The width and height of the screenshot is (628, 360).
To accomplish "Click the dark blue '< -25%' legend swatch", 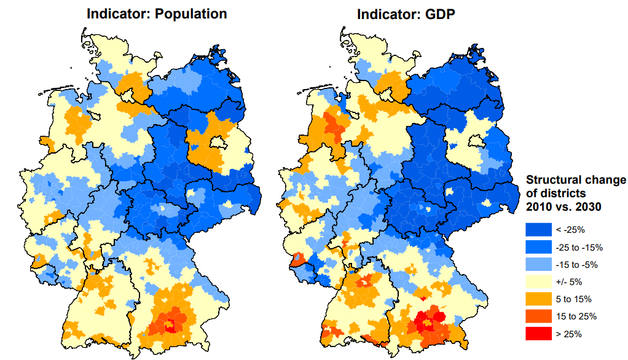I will coord(538,230).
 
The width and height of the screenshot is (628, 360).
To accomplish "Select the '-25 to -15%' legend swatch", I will coord(538,248).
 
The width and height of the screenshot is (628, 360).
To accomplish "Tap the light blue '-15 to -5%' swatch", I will coord(538,265).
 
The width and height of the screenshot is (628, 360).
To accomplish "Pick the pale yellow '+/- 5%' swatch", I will coord(538,282).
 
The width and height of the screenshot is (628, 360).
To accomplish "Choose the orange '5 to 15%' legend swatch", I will coord(538,299).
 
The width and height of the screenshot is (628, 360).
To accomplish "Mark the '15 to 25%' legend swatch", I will coord(538,316).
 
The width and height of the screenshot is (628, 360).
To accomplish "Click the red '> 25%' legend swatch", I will coord(538,334).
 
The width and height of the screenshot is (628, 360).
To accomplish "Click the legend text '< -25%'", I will coord(570,230).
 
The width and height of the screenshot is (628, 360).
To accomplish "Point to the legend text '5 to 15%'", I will coord(574,299).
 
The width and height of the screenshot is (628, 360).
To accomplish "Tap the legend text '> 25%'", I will coord(569,334).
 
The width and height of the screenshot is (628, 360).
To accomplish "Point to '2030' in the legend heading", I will coord(589,207).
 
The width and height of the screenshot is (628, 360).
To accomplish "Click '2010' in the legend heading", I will coord(540,207).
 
